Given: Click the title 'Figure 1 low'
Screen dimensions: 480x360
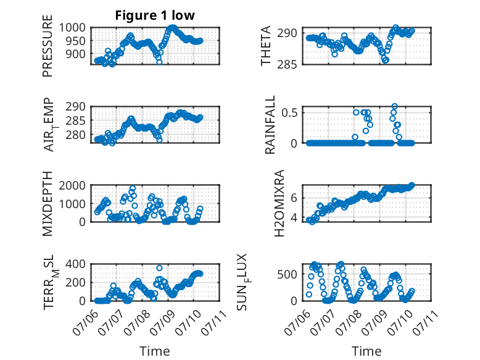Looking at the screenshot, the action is (x=155, y=15).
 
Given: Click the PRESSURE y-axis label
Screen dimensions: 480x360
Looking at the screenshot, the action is (x=48, y=46).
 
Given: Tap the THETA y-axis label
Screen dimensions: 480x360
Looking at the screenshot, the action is (x=266, y=46).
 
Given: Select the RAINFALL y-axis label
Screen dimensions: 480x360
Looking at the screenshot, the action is (x=270, y=125).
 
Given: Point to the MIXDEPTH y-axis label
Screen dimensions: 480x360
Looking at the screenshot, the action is (x=48, y=204).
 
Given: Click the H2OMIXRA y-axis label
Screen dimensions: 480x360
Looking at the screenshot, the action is (x=279, y=203).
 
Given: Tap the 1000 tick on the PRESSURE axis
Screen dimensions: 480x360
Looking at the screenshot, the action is (x=72, y=28).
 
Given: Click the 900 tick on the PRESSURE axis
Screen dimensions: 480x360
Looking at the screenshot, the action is (x=76, y=54).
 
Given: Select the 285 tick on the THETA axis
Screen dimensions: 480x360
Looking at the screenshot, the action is (x=287, y=65).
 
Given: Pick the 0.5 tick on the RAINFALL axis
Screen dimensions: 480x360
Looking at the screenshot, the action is (x=289, y=112).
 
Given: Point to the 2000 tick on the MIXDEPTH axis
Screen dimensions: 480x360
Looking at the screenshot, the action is (x=72, y=185).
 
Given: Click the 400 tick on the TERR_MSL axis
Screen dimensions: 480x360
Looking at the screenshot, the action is (x=76, y=264).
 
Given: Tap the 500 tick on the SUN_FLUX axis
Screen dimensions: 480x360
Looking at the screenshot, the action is (x=287, y=274).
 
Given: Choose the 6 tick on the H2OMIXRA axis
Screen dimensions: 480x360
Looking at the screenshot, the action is (x=294, y=198).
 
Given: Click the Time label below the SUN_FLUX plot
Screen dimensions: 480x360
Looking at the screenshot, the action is (x=366, y=351).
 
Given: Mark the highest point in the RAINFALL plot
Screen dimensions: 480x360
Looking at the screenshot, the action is (x=395, y=106).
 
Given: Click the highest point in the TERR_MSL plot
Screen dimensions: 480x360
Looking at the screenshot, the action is (x=159, y=268).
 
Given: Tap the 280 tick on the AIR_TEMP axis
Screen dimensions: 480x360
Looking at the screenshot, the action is (x=76, y=135).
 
